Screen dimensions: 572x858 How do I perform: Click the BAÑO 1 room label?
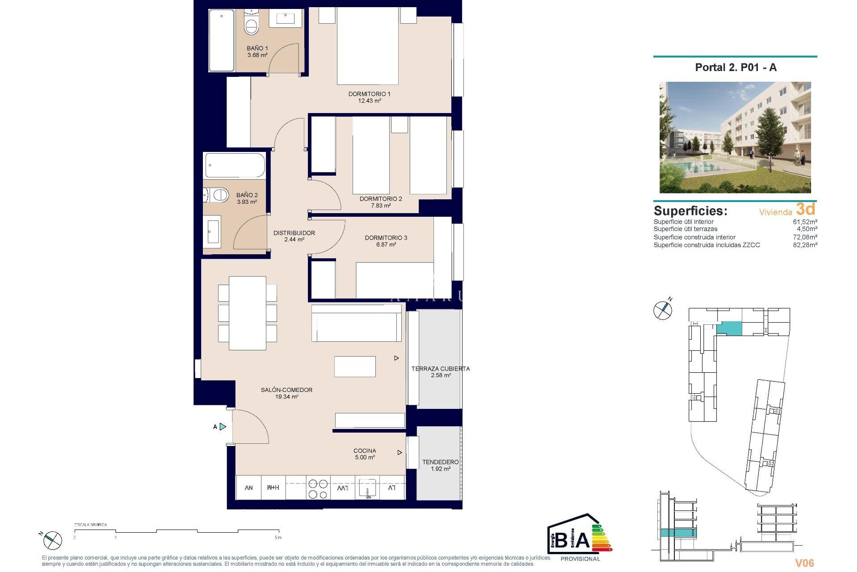(257, 48)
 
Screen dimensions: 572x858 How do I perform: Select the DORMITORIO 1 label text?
(369, 94)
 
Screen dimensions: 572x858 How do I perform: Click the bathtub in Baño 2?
(235, 166)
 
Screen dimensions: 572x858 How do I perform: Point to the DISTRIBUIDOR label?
(294, 233)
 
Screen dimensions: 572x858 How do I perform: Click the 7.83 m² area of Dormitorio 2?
(381, 206)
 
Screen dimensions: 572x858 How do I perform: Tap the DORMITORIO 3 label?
(386, 238)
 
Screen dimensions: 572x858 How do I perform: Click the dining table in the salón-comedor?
(248, 313)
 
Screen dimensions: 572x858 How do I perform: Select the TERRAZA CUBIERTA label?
(440, 369)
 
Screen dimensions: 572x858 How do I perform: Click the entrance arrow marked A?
(222, 427)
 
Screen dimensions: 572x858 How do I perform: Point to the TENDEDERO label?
(440, 462)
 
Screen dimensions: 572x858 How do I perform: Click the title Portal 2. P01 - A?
(736, 67)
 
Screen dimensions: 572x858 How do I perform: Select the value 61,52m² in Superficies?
(805, 222)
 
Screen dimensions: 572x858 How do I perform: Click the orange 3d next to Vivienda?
(805, 209)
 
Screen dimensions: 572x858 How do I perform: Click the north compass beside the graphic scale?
(52, 540)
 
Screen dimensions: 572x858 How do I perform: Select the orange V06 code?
(804, 563)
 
